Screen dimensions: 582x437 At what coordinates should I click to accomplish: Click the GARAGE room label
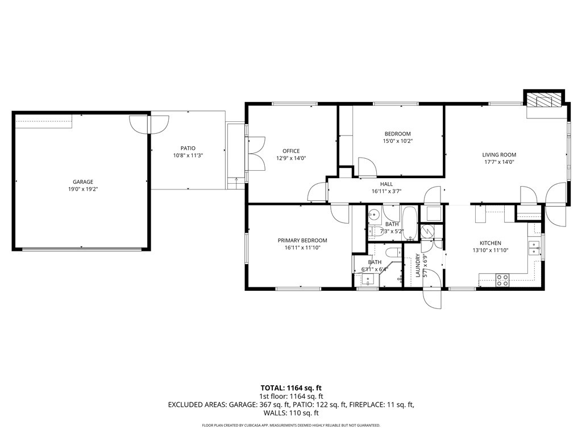click(83, 182)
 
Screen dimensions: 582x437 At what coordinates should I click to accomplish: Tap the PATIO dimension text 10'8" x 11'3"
click(188, 156)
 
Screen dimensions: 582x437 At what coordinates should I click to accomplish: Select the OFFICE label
click(291, 151)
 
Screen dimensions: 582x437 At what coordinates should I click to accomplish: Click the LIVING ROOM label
click(499, 155)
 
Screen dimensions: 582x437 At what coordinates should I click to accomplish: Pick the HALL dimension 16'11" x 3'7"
click(386, 191)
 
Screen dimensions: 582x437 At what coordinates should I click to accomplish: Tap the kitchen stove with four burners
click(502, 280)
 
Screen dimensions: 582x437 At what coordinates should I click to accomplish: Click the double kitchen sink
click(534, 248)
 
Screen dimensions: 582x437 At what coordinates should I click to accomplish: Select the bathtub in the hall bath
click(410, 223)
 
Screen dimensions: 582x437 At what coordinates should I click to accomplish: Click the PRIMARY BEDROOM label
click(302, 241)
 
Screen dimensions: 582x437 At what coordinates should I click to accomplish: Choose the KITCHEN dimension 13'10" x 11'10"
click(490, 250)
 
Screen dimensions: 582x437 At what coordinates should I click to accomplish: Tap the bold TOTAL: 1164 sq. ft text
click(291, 388)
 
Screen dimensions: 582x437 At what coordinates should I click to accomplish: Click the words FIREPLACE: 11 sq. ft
click(381, 405)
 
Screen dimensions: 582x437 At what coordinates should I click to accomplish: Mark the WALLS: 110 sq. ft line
click(291, 413)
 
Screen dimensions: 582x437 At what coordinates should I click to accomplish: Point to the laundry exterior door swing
click(433, 299)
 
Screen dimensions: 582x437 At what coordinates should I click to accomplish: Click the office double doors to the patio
click(257, 154)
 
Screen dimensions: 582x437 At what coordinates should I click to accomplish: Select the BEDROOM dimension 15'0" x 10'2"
click(398, 141)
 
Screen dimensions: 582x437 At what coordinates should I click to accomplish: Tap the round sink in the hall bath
click(374, 215)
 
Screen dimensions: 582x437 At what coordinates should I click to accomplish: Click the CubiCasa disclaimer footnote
click(291, 425)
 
